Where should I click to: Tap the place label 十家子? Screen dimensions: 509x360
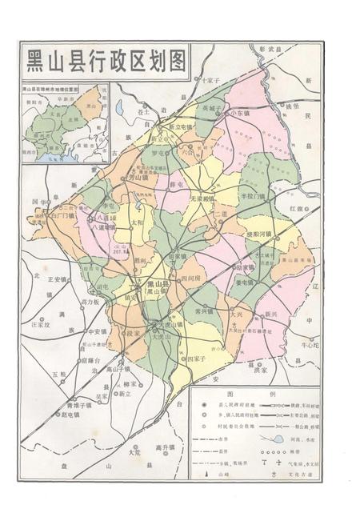click(x=210, y=81)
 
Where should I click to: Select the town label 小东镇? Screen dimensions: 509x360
click(x=238, y=114)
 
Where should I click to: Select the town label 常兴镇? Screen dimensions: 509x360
click(x=204, y=311)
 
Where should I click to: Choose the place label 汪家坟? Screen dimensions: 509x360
click(x=40, y=325)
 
